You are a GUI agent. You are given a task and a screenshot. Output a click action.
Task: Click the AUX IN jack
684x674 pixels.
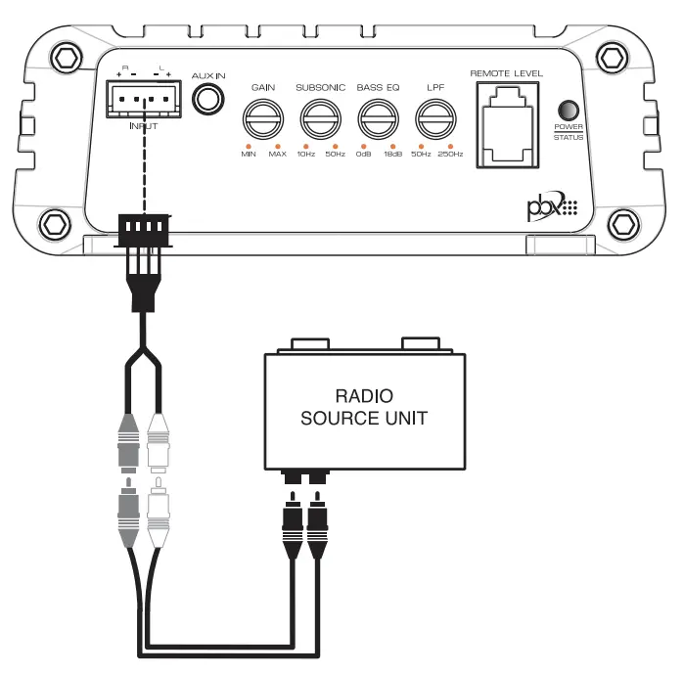(208, 101)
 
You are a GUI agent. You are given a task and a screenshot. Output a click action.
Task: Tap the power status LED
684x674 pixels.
(568, 111)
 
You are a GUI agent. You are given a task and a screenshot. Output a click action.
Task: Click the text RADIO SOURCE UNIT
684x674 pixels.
(364, 408)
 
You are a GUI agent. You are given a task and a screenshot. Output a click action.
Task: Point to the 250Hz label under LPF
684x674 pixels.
(451, 155)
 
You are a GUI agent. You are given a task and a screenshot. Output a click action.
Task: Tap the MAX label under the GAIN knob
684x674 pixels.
(278, 155)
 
